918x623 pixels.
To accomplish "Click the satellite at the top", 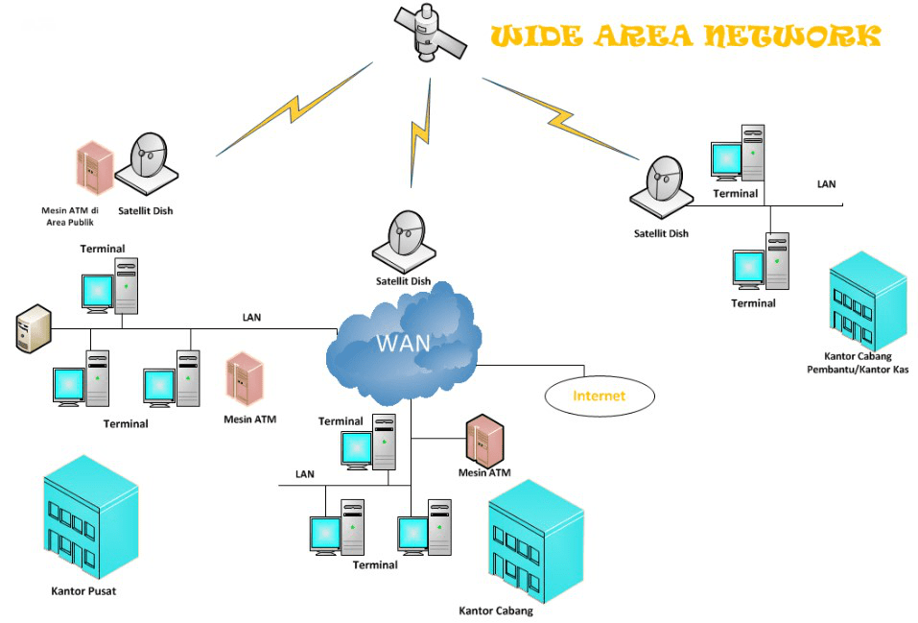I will tap(429, 35).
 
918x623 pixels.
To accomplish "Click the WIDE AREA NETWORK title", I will tap(685, 36).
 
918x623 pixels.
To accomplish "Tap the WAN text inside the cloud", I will tap(403, 343).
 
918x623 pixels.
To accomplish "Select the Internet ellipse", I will tap(599, 395).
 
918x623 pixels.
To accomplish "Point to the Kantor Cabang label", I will tap(495, 611).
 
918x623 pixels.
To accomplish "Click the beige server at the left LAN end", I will tap(33, 328).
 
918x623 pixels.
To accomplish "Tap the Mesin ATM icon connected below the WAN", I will tap(484, 441).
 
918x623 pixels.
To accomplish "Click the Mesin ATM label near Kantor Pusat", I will tap(249, 419).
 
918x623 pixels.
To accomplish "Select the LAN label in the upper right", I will tap(826, 183).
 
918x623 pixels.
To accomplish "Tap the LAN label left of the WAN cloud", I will tap(250, 317).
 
